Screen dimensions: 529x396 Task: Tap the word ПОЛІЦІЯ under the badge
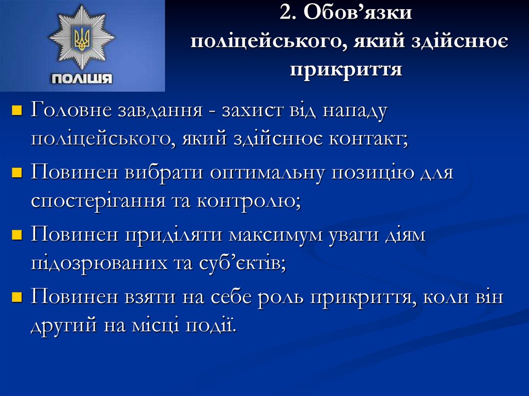click(x=82, y=78)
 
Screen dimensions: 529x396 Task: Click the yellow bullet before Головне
click(x=17, y=110)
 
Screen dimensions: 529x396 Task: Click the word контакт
click(x=368, y=139)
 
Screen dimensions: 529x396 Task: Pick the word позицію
click(x=373, y=173)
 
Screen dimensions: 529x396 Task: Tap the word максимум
click(x=276, y=235)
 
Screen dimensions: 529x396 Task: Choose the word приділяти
click(x=174, y=235)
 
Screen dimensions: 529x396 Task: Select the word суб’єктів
click(x=242, y=263)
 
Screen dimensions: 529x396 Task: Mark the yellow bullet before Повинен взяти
click(x=17, y=297)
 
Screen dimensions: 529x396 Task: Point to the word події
click(x=211, y=325)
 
